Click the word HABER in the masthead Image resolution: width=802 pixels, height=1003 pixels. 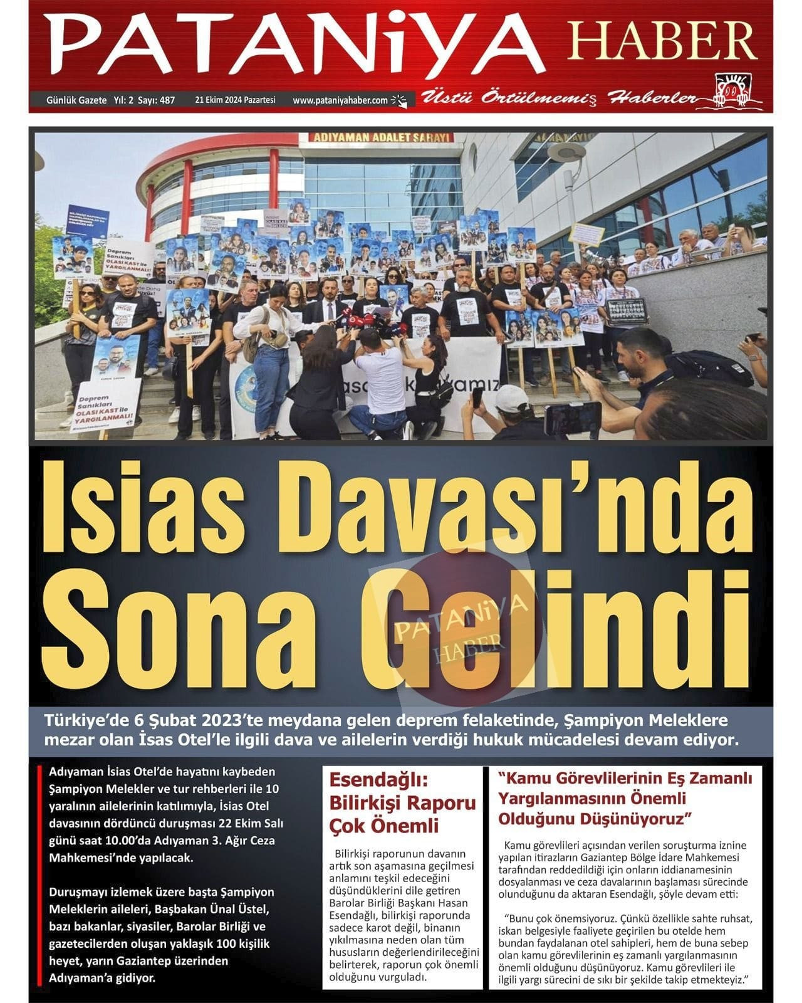pos(655,41)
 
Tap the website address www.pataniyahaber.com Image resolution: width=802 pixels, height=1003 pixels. pos(340,100)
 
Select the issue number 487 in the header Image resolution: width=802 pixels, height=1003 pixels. pos(166,100)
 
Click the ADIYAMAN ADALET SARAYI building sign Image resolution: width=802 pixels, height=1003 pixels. pos(374,137)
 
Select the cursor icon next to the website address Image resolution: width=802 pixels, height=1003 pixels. pos(399,100)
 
